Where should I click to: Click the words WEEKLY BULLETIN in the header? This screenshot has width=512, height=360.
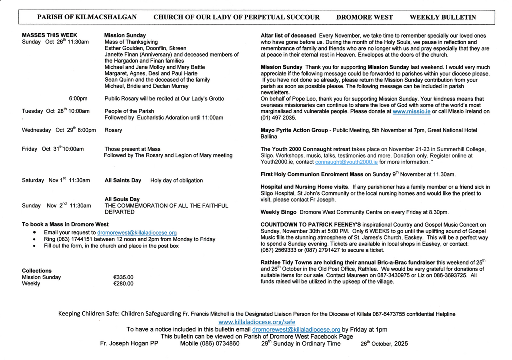tap(442, 17)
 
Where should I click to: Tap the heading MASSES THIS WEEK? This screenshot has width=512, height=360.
tap(49, 35)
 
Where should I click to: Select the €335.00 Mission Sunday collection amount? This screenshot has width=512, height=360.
tap(123, 277)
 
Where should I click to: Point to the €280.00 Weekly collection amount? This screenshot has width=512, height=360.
tap(123, 284)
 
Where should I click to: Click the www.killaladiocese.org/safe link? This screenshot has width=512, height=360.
tap(256, 322)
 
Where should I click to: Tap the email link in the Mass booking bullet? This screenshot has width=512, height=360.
tap(137, 233)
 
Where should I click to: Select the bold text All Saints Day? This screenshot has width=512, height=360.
tap(123, 180)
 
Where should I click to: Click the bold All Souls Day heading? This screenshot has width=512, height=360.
tap(122, 199)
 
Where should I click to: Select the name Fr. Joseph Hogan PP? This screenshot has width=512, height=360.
tap(129, 344)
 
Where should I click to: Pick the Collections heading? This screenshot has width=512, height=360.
tap(36, 271)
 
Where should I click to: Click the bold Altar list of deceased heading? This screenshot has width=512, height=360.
tap(288, 36)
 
